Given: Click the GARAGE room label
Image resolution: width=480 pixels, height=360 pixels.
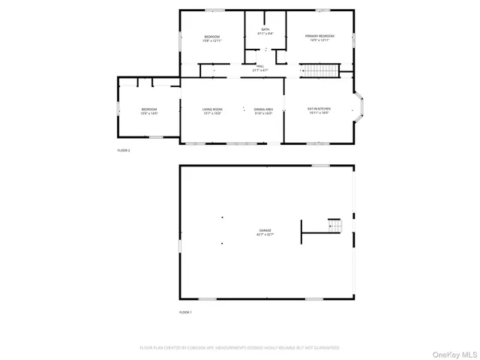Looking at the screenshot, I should point(265,230).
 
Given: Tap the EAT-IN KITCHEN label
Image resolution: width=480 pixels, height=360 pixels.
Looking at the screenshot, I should point(319,109).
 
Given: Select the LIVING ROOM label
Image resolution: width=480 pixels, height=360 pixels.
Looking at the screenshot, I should point(212,109).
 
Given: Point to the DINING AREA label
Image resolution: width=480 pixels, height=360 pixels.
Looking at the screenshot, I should point(262,109).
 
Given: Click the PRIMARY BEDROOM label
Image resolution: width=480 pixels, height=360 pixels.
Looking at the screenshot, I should point(319,37).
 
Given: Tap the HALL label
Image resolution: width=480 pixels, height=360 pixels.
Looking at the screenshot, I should point(260,67).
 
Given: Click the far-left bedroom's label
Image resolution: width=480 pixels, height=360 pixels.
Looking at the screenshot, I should point(149,109).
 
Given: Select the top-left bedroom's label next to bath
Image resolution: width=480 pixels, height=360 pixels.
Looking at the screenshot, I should point(212,37).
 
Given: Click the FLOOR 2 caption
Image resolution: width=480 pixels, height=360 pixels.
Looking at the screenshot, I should point(124,151).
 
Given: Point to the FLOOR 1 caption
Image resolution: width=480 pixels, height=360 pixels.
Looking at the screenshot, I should point(185,311).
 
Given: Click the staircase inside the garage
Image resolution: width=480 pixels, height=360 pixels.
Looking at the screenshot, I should point(335,225).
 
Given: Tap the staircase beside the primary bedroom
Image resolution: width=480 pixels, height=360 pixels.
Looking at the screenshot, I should point(319,71).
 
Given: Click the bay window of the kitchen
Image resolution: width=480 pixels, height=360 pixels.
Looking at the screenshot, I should point(361,108).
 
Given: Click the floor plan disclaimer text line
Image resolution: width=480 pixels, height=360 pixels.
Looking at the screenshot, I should point(240,348).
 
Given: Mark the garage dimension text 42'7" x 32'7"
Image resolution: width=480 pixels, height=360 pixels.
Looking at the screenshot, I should point(265,235).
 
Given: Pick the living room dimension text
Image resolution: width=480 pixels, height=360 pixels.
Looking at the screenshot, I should point(212,114).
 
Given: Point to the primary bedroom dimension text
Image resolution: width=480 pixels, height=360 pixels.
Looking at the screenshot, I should point(319,41).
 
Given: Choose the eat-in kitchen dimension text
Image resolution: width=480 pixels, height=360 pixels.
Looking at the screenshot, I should point(319,114).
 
